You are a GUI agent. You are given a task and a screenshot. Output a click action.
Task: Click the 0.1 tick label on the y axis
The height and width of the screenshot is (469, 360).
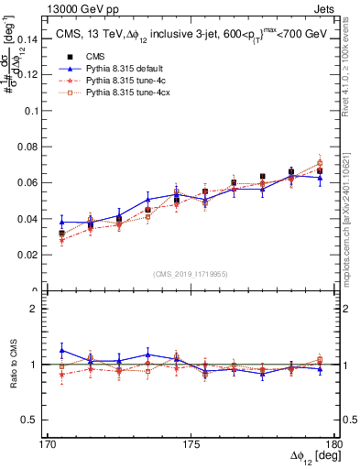[31, 111]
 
